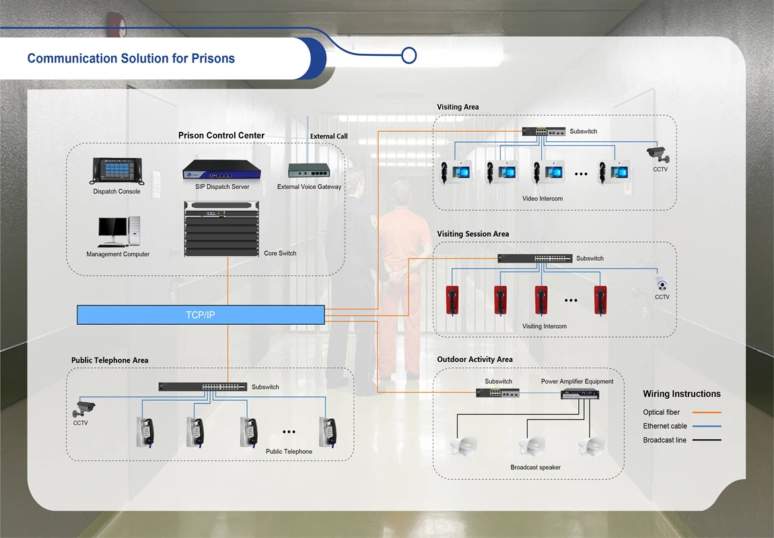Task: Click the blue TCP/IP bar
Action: pos(201,315)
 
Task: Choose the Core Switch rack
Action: pos(221,229)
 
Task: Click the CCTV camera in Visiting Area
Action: pos(658,154)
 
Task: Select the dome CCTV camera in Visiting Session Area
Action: pos(662,283)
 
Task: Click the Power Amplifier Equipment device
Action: pos(579,394)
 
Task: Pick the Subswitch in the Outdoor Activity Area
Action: pos(497,393)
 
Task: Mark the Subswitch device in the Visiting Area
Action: pos(543,132)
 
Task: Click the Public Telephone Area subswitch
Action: pos(202,387)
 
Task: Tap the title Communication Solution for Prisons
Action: pos(131,59)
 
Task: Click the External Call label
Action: pos(328,137)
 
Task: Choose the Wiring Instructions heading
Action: pos(681,394)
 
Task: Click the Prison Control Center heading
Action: pos(221,135)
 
